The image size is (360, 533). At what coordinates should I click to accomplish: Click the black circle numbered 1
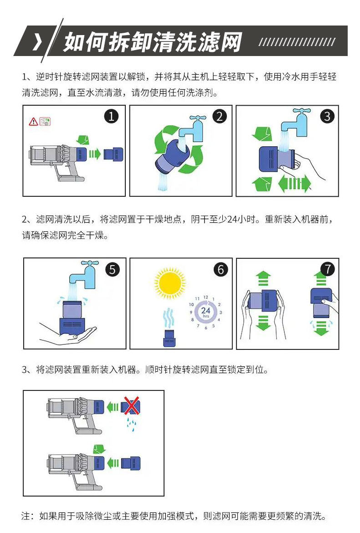(x=111, y=117)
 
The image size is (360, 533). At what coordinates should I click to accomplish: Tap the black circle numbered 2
(x=219, y=116)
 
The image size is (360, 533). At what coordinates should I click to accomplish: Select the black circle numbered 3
(x=327, y=116)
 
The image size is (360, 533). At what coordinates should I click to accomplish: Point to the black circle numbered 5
(x=112, y=270)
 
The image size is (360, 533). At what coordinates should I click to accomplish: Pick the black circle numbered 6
(x=221, y=270)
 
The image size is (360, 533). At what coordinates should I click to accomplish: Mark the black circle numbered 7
(x=327, y=269)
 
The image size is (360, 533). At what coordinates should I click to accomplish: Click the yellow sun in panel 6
(x=170, y=283)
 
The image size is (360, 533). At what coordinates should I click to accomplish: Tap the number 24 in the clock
(x=206, y=310)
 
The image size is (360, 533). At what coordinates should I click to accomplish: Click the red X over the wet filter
(x=131, y=405)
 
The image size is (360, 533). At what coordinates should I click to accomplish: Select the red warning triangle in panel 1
(x=33, y=121)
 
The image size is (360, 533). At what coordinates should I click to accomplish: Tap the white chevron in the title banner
(x=37, y=42)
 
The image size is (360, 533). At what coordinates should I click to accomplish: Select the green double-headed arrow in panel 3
(x=294, y=184)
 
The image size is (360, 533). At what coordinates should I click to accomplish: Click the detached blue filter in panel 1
(x=113, y=154)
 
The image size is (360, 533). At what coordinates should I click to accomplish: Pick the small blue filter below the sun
(x=170, y=338)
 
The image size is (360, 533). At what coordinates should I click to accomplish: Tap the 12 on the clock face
(x=206, y=297)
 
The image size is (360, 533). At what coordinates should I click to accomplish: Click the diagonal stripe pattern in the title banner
(x=297, y=42)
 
